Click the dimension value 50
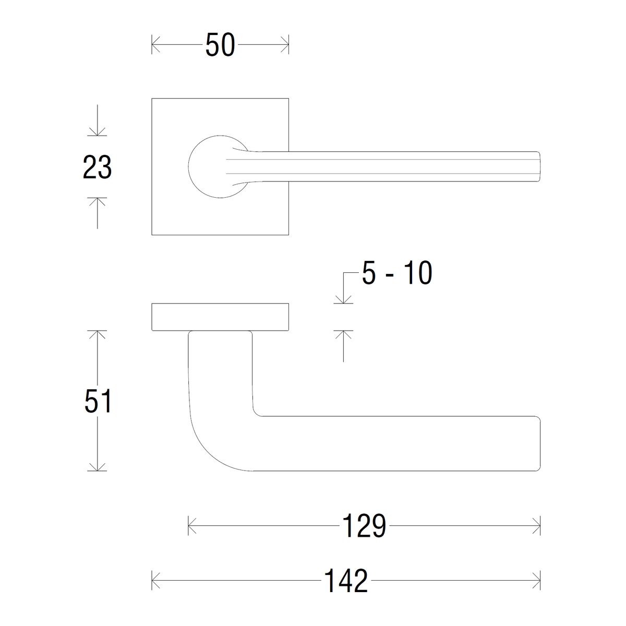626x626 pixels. (x=220, y=45)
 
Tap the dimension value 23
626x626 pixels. (x=97, y=167)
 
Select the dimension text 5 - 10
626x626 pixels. (x=397, y=273)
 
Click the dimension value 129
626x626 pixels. (x=364, y=526)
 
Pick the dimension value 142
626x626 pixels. (x=346, y=581)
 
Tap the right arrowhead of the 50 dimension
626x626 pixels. (x=285, y=44)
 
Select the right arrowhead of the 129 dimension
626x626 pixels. (x=537, y=526)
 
